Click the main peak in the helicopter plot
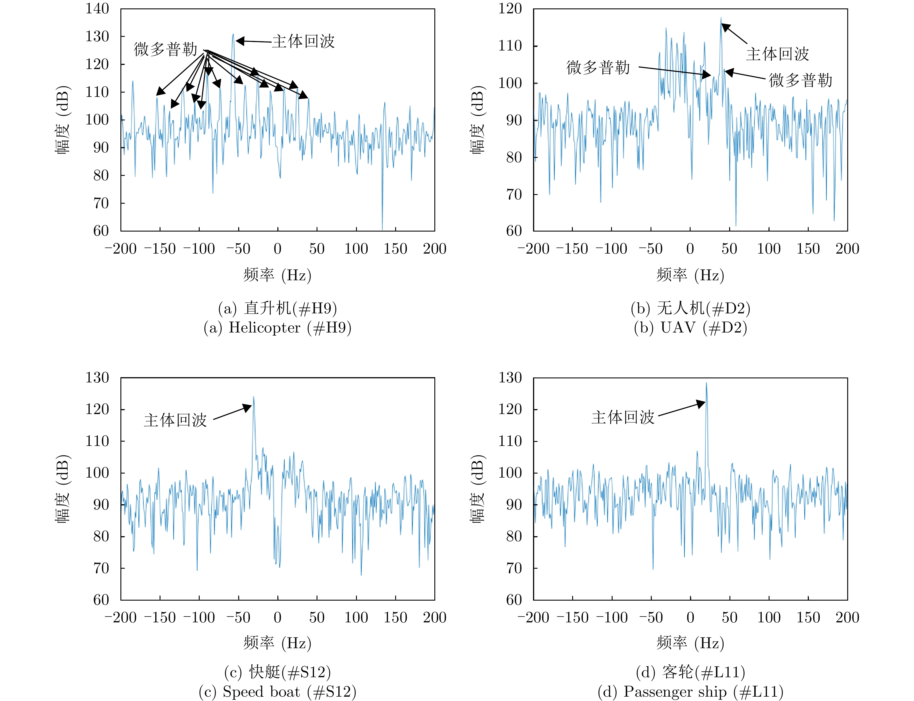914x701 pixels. tap(233, 35)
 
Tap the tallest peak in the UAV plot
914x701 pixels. tap(720, 18)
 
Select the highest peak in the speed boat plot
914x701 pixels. tap(254, 397)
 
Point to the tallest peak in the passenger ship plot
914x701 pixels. tap(706, 383)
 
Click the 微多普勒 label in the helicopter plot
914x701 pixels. tap(165, 49)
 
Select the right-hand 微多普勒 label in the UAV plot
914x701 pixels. tap(800, 80)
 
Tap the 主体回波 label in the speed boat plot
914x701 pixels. tap(175, 420)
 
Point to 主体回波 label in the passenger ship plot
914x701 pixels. tap(623, 417)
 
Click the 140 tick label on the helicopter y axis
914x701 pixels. tap(97, 9)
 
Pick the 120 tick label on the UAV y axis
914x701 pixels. tap(510, 9)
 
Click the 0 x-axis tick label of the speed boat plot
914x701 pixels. tap(277, 617)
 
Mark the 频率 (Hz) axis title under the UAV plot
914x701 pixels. tap(690, 275)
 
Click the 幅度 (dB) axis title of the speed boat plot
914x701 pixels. tap(63, 489)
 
